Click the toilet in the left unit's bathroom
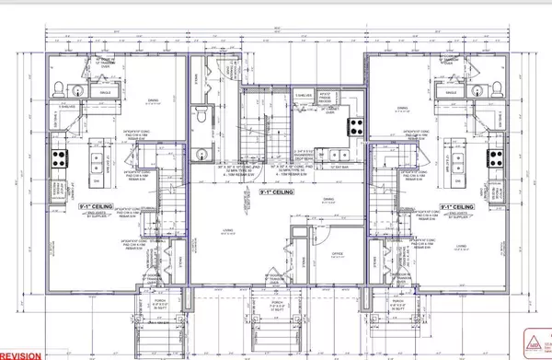(x=58, y=89)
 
